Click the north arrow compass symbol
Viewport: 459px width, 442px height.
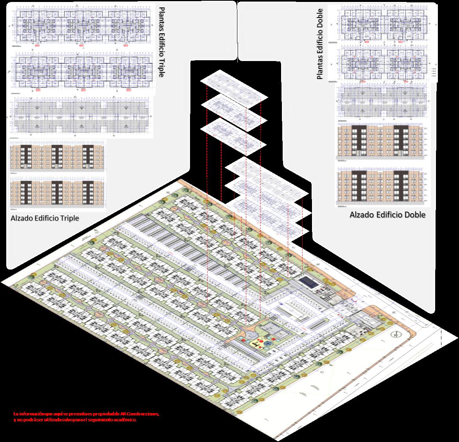pos(396,335)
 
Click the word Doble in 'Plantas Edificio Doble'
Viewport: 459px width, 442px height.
pos(320,19)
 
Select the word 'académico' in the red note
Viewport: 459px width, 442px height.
pos(126,419)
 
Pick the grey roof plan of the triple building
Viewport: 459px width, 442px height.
pos(80,116)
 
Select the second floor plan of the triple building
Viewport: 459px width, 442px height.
pos(80,72)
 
